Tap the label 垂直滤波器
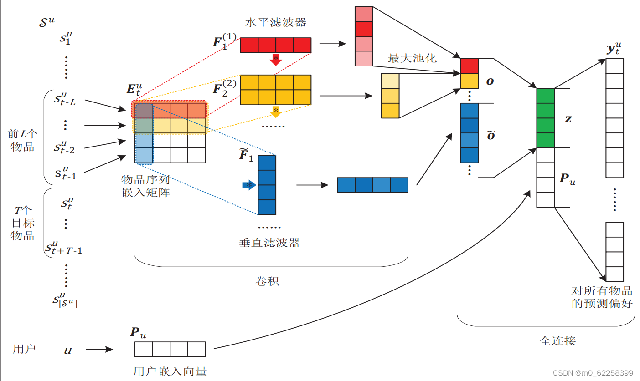(269, 243)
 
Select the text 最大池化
(412, 58)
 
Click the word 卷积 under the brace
(267, 281)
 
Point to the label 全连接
(557, 340)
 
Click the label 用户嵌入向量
(170, 371)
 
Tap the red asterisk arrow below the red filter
(275, 59)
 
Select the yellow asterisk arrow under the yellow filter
(275, 112)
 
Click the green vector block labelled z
(545, 118)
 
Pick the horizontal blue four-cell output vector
(372, 185)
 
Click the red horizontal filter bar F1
(275, 46)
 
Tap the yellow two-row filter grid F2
(275, 90)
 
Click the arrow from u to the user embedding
(99, 350)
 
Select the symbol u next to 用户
(68, 351)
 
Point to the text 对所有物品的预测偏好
(602, 297)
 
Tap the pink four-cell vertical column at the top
(364, 36)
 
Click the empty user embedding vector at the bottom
(170, 349)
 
